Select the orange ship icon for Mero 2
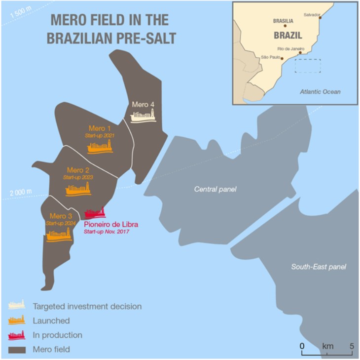point(77,189)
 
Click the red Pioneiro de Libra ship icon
point(95,213)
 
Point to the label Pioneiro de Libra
point(111,224)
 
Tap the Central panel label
point(216,189)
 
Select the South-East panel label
point(318,267)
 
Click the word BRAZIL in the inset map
point(287,36)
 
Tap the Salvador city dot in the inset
point(320,18)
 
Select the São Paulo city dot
point(282,58)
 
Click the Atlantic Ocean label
point(321,92)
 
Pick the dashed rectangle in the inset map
point(308,66)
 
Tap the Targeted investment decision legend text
point(87,307)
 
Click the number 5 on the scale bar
point(352,346)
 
